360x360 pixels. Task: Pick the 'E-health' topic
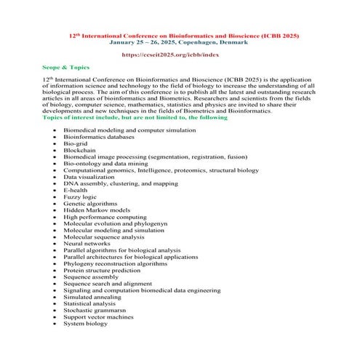click(77, 190)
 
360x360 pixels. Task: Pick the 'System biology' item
click(85, 324)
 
